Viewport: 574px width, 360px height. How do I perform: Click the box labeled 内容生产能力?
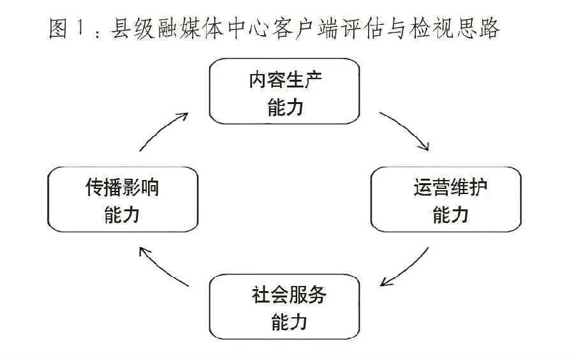point(284,91)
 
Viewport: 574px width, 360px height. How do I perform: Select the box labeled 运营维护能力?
point(446,200)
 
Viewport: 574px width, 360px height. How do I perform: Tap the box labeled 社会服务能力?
point(284,307)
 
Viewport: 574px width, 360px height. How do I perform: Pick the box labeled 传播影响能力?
point(122,200)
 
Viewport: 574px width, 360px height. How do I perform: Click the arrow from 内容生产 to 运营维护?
point(407,128)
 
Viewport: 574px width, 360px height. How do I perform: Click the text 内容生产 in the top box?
point(285,80)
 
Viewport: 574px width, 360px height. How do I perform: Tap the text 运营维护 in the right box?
point(450,187)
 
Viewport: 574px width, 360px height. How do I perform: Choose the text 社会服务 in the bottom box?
point(289,295)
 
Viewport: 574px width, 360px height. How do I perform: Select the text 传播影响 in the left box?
point(122,188)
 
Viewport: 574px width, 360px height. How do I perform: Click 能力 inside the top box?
point(286,108)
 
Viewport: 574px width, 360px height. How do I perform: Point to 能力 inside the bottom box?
point(289,322)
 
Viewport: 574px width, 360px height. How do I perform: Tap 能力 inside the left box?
point(122,214)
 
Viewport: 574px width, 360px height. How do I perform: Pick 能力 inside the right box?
point(450,214)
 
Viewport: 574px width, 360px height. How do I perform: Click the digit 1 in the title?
point(80,28)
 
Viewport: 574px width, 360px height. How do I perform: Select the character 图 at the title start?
point(59,28)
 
